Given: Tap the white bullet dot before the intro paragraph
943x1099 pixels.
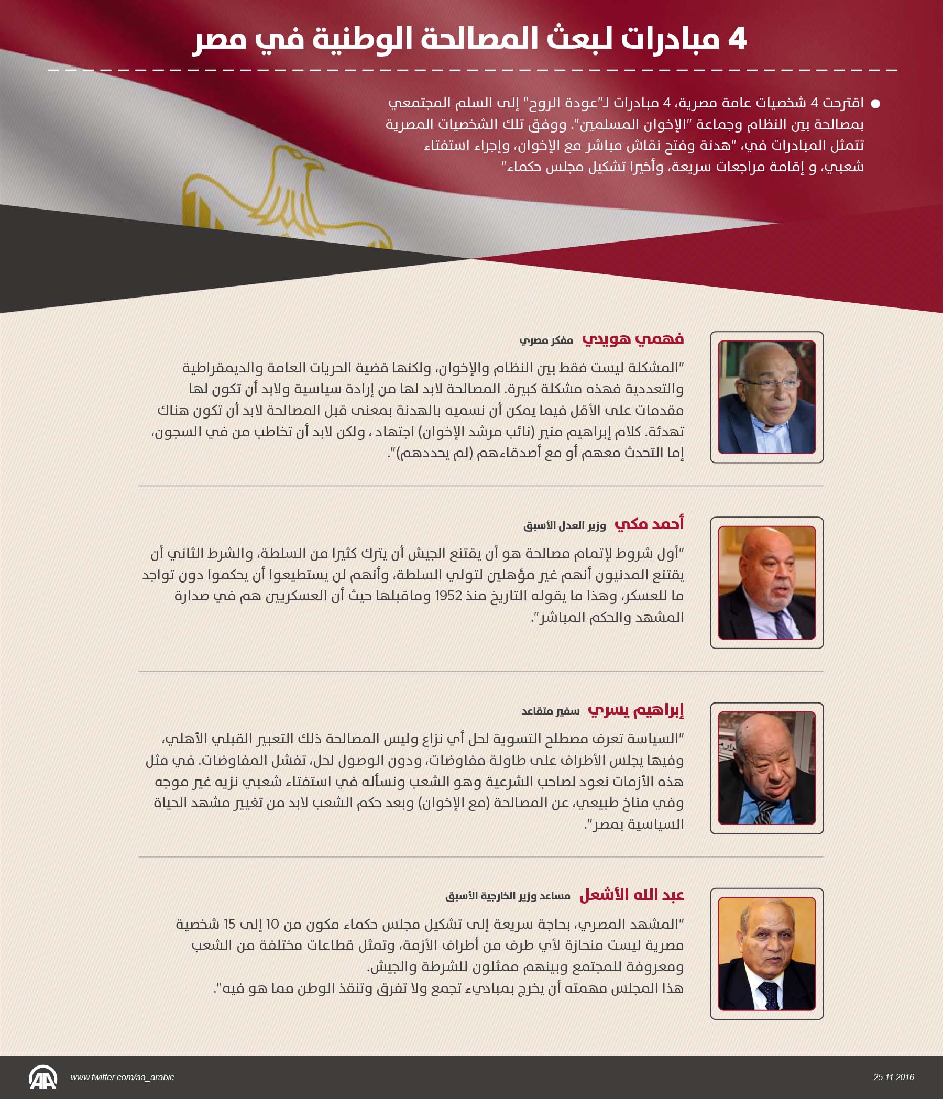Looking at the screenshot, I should tap(875, 104).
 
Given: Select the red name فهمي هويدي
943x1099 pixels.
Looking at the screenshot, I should tap(633, 338).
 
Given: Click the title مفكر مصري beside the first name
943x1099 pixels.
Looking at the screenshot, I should tap(546, 340).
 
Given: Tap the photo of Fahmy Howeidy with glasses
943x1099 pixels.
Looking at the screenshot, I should tap(766, 397).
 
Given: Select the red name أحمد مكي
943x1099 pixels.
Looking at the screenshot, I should tap(649, 524).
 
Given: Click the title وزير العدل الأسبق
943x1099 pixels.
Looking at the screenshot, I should tap(564, 525).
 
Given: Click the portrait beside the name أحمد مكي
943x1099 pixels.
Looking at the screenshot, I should tap(766, 583).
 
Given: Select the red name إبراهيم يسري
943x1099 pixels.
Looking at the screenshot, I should tap(635, 710).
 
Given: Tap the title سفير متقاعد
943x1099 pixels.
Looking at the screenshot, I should tap(550, 711).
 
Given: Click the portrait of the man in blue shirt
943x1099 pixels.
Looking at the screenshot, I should tap(766, 768).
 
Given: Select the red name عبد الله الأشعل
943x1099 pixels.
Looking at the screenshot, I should tap(631, 895).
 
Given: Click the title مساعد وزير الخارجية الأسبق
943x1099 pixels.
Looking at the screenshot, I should tap(508, 896).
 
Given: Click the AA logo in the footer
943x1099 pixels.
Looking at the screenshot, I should tap(42, 1077).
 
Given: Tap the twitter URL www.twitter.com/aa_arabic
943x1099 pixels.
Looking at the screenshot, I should tap(122, 1077).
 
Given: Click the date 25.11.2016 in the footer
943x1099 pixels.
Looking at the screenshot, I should tap(894, 1077).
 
